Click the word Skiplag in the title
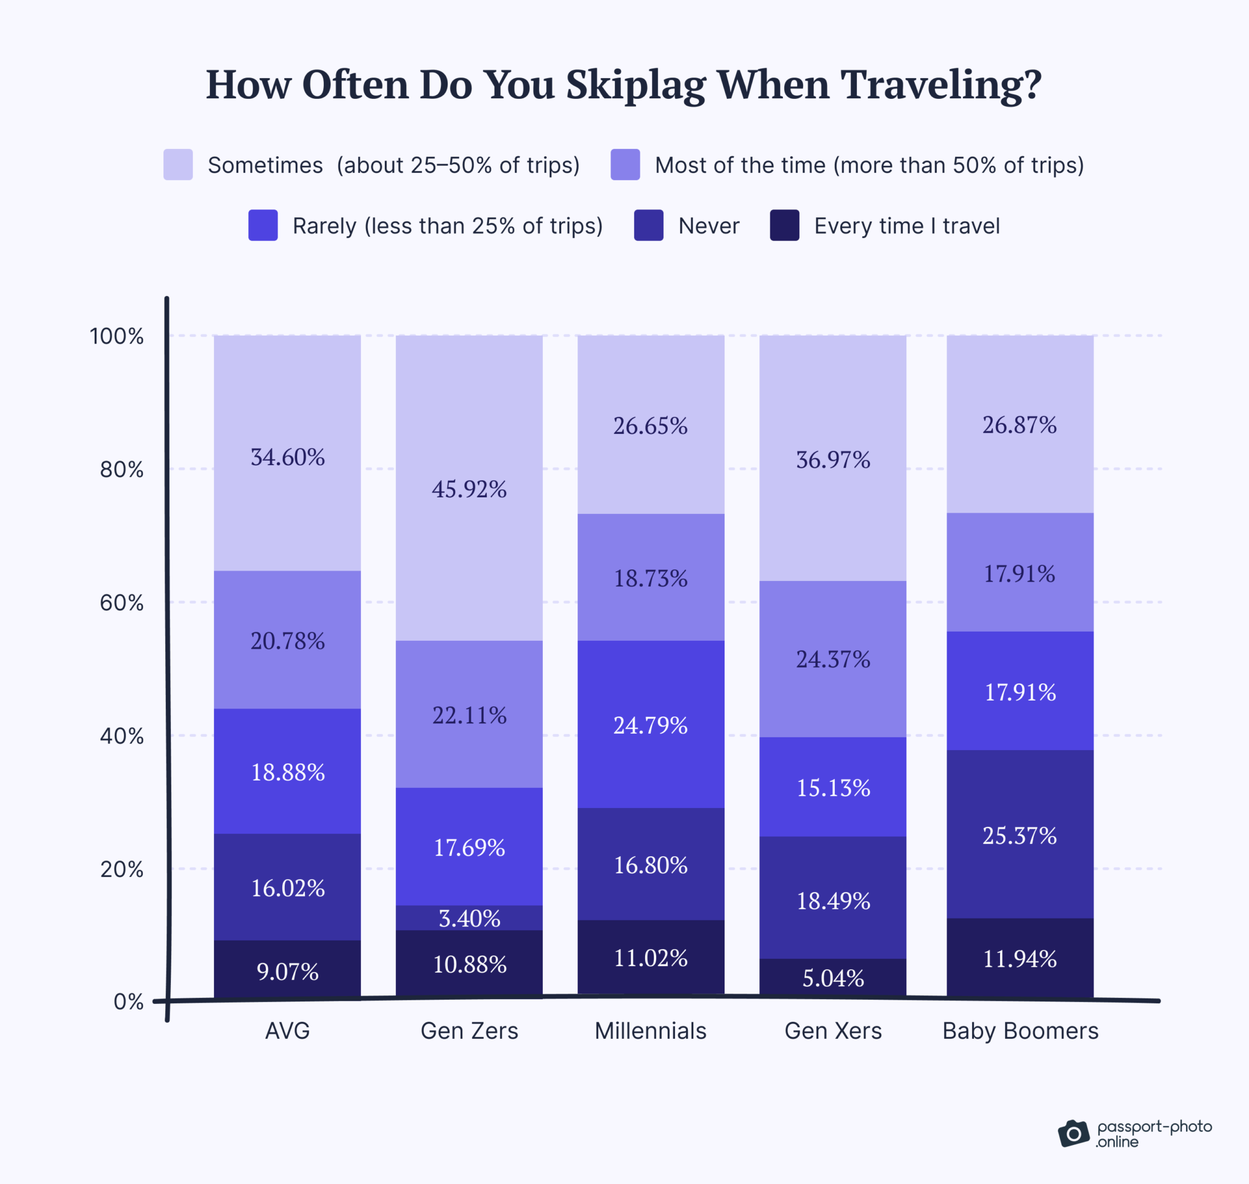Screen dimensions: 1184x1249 pyautogui.click(x=635, y=85)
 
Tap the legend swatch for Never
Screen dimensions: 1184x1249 pyautogui.click(x=648, y=225)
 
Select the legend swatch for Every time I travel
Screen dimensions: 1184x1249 pyautogui.click(x=785, y=225)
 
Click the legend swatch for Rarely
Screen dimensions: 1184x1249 pyautogui.click(x=263, y=225)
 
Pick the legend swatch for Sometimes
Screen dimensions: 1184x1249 pyautogui.click(x=178, y=165)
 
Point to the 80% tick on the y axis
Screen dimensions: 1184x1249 pyautogui.click(x=121, y=469)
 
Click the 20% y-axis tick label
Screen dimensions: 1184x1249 pyautogui.click(x=121, y=869)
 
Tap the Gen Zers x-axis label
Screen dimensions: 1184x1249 pyautogui.click(x=469, y=1031)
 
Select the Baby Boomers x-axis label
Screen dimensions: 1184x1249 pyautogui.click(x=1020, y=1031)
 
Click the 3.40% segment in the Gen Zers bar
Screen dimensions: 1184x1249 pyautogui.click(x=469, y=919)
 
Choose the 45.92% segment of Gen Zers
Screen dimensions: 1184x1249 pyautogui.click(x=469, y=488)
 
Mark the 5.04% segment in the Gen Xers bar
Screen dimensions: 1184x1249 pyautogui.click(x=832, y=978)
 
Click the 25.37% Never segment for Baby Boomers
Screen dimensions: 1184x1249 pyautogui.click(x=1020, y=835)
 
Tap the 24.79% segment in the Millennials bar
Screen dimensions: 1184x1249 pyautogui.click(x=650, y=724)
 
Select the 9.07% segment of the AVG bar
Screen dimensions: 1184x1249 pyautogui.click(x=287, y=970)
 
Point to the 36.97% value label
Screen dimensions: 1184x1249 pyautogui.click(x=832, y=460)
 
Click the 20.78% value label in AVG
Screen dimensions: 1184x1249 pyautogui.click(x=287, y=641)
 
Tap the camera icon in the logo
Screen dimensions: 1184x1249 pyautogui.click(x=1073, y=1133)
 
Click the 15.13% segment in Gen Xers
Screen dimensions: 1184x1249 pyautogui.click(x=832, y=787)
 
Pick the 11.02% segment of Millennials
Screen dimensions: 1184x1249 pyautogui.click(x=650, y=958)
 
